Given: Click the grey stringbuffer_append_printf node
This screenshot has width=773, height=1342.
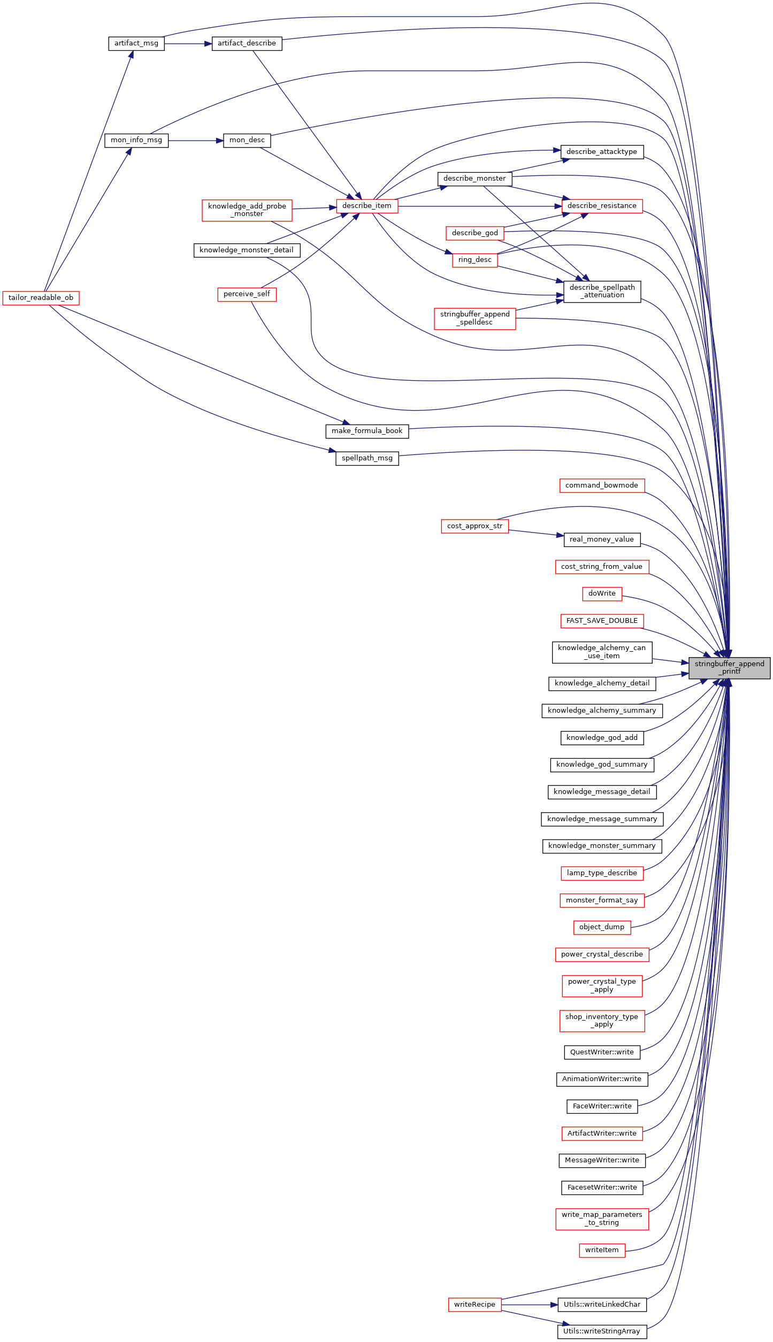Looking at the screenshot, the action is (729, 668).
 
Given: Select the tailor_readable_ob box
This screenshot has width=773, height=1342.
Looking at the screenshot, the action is (41, 298).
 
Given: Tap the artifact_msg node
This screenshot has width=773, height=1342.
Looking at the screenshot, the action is (136, 43).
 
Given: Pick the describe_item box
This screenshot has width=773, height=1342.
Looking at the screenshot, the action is (367, 206).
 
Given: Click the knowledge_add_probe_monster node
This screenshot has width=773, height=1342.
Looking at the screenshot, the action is (247, 210).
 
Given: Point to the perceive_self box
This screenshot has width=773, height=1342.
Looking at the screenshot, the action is (247, 294).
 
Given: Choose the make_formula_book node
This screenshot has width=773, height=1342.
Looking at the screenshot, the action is (367, 431).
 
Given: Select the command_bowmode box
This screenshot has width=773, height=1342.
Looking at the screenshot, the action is (602, 485).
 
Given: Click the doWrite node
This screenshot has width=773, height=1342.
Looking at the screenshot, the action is (602, 593).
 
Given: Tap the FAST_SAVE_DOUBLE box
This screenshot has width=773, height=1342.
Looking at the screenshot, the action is (602, 621).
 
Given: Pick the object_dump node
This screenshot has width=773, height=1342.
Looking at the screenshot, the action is (602, 927).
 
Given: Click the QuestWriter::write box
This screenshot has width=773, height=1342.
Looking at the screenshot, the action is (602, 1052).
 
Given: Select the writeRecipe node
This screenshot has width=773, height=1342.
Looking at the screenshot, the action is (475, 1305).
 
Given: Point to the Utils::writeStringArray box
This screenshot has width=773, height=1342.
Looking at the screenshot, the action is (602, 1332).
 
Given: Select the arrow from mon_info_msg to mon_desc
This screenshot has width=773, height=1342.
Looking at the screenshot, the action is (196, 141).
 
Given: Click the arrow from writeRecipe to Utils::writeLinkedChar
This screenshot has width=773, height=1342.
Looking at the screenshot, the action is (530, 1305).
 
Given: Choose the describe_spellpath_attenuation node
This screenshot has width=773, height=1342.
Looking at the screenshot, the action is (602, 291).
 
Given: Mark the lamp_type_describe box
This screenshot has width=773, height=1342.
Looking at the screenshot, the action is (602, 873).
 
